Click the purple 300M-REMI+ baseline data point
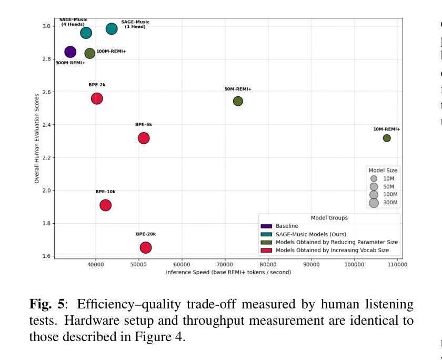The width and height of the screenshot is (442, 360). coord(70,52)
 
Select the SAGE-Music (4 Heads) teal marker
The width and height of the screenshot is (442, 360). coord(86,33)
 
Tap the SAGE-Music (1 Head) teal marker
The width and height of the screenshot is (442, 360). coord(112,28)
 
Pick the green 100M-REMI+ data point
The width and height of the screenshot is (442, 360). coord(90,53)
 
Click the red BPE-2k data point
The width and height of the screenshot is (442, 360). coord(97,98)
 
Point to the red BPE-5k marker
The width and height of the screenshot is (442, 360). coord(144,138)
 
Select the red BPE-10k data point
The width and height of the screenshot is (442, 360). coord(105,205)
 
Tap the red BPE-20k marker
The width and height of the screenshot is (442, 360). coord(146,247)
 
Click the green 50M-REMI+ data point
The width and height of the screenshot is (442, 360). coord(238,101)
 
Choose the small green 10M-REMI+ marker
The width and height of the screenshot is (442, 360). coord(387,138)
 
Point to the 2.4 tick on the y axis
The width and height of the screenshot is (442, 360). coord(46,125)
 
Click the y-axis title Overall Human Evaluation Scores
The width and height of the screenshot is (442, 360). coord(37,138)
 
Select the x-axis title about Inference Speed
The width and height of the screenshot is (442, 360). coord(228,272)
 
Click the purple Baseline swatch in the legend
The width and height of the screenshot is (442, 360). coord(266,226)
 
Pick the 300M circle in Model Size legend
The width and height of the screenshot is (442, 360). coord(374,203)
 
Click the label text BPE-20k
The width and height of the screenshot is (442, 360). coord(146,234)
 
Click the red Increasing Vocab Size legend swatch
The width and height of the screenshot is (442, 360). coord(266,250)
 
